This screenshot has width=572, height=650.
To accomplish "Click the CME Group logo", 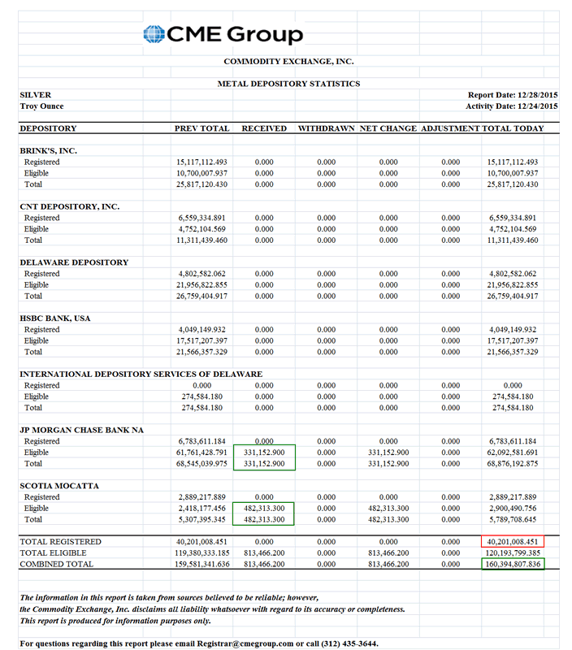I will click(223, 34).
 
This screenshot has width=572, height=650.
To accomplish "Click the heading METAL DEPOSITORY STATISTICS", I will click(288, 84).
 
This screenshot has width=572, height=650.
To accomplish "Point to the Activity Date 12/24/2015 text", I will click(511, 106).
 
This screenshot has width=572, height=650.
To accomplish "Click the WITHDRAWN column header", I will click(326, 128).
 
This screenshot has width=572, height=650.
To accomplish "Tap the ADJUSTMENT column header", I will click(450, 128).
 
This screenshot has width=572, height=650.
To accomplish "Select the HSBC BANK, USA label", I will click(55, 318).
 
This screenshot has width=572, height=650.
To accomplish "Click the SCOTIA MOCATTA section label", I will click(59, 486).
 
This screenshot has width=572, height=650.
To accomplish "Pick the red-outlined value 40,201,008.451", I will click(513, 542).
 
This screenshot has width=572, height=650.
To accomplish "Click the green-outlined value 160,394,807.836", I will click(513, 564).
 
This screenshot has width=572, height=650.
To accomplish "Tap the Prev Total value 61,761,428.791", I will click(202, 453).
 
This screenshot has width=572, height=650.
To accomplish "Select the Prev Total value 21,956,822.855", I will click(202, 285).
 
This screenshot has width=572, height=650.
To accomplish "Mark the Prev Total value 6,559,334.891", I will click(202, 218).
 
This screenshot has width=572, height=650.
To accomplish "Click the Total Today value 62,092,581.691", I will click(513, 453).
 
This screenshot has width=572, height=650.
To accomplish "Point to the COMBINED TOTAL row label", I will click(57, 564).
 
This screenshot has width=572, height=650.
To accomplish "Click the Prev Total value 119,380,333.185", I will click(201, 552).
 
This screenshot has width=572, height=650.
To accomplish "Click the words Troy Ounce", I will click(41, 106).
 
